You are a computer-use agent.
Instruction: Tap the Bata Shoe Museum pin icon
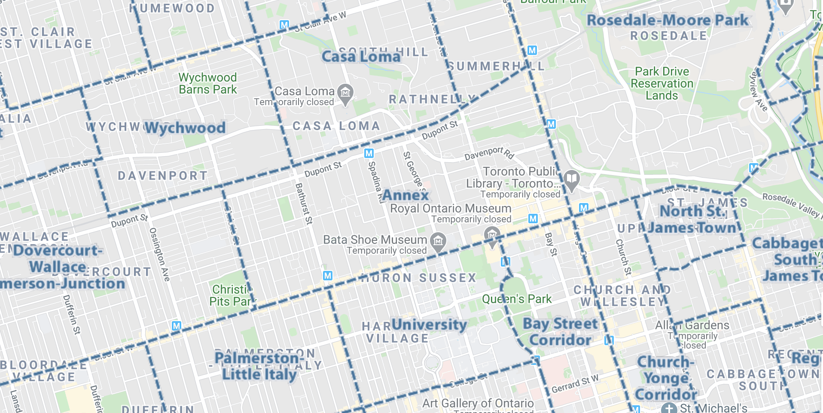pos(438,241)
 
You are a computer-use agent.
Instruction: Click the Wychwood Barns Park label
pos(208,83)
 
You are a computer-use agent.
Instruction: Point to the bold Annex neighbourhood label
pos(405,195)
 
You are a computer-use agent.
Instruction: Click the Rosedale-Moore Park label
pos(668,20)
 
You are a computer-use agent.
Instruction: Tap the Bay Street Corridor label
pos(560,331)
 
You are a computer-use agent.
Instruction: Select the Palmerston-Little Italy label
pos(259,366)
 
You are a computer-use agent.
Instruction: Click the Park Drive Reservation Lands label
pos(662,83)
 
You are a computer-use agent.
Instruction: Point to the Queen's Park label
pos(517,299)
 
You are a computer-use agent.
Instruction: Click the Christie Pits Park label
pos(231,295)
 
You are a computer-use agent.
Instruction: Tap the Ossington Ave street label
pos(159,254)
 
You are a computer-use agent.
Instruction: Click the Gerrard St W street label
pos(575,384)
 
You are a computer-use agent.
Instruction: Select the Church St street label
pos(623,257)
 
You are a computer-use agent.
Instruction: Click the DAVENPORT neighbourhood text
pos(163,176)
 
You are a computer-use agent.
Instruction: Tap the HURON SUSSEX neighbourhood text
pos(418,278)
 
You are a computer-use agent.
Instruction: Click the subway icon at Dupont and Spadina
pos(369,153)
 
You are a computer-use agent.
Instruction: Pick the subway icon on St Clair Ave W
pos(284,25)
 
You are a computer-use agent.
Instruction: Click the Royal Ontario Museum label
pos(451,209)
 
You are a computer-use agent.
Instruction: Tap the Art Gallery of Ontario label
pos(478,404)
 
